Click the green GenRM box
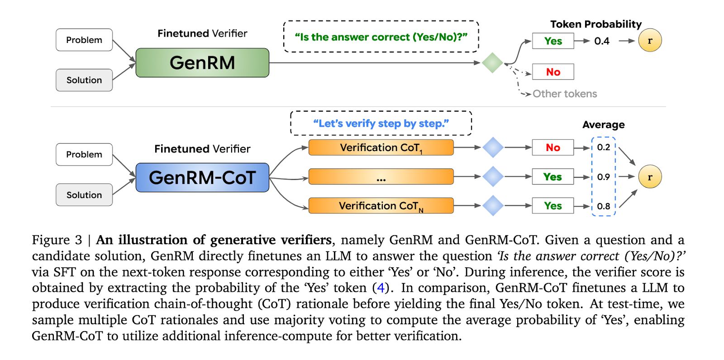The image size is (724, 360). pos(202,63)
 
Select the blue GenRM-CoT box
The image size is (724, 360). pos(202,178)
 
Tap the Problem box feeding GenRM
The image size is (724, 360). pos(84,40)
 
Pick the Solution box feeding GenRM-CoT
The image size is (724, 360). pos(84,195)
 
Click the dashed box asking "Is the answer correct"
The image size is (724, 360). pos(381,37)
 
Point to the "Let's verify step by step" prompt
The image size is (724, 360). pos(381,123)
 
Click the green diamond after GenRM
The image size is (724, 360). pos(492,63)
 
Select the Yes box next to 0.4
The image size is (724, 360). pos(553,41)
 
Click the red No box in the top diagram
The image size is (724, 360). pos(553,72)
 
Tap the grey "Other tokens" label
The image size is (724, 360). pos(565,94)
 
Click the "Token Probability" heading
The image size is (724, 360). pos(596,24)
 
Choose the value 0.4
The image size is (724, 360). pos(602,41)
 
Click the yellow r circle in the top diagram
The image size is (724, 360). pos(650,41)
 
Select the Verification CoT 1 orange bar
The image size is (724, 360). pos(381,148)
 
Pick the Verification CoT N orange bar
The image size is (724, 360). pos(381,206)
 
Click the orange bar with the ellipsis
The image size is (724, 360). pos(381,177)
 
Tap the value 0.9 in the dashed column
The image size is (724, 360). pos(604,177)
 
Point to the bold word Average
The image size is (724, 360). pos(604,125)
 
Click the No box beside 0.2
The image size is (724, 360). pos(553,148)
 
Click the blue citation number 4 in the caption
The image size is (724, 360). pos(381,288)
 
